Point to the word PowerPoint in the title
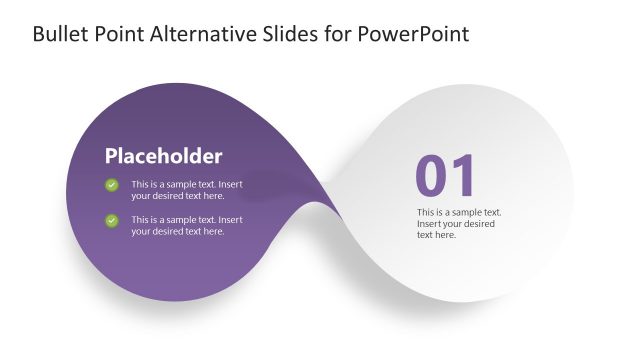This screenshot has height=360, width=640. (420, 34)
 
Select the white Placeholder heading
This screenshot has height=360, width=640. (163, 156)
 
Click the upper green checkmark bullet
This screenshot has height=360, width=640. (112, 184)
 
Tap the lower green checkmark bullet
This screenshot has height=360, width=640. (112, 219)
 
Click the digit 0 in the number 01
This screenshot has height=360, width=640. (431, 176)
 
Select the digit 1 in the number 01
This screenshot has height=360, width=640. (464, 176)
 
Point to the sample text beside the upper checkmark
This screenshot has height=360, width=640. (187, 190)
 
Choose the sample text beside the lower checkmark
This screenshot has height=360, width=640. (187, 225)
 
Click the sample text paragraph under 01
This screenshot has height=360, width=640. (458, 224)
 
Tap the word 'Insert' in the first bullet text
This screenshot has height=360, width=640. (230, 184)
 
